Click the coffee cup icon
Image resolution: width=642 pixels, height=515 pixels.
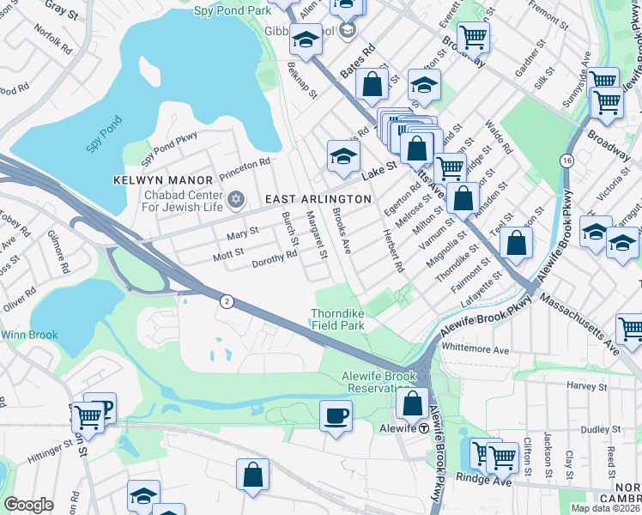point(336,416)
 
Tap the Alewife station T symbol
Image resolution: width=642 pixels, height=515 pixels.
point(423,427)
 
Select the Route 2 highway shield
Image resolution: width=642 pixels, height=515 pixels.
point(226,300)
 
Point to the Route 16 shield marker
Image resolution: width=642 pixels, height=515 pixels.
point(566,161)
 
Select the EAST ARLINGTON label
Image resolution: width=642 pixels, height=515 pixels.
point(318,199)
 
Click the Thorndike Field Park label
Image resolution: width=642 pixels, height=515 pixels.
point(337,320)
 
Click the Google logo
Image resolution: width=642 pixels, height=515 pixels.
point(28,505)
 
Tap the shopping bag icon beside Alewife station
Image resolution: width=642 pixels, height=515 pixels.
point(413,403)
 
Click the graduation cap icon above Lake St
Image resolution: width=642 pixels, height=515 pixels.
point(342,156)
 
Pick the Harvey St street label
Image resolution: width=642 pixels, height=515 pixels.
point(586,386)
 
